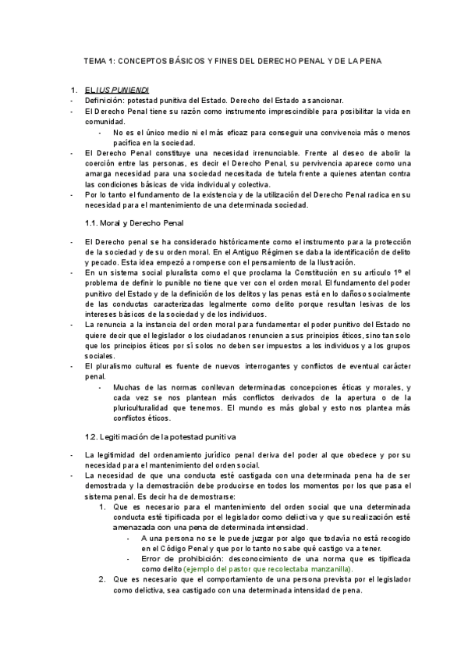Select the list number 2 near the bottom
(x=101, y=580)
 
